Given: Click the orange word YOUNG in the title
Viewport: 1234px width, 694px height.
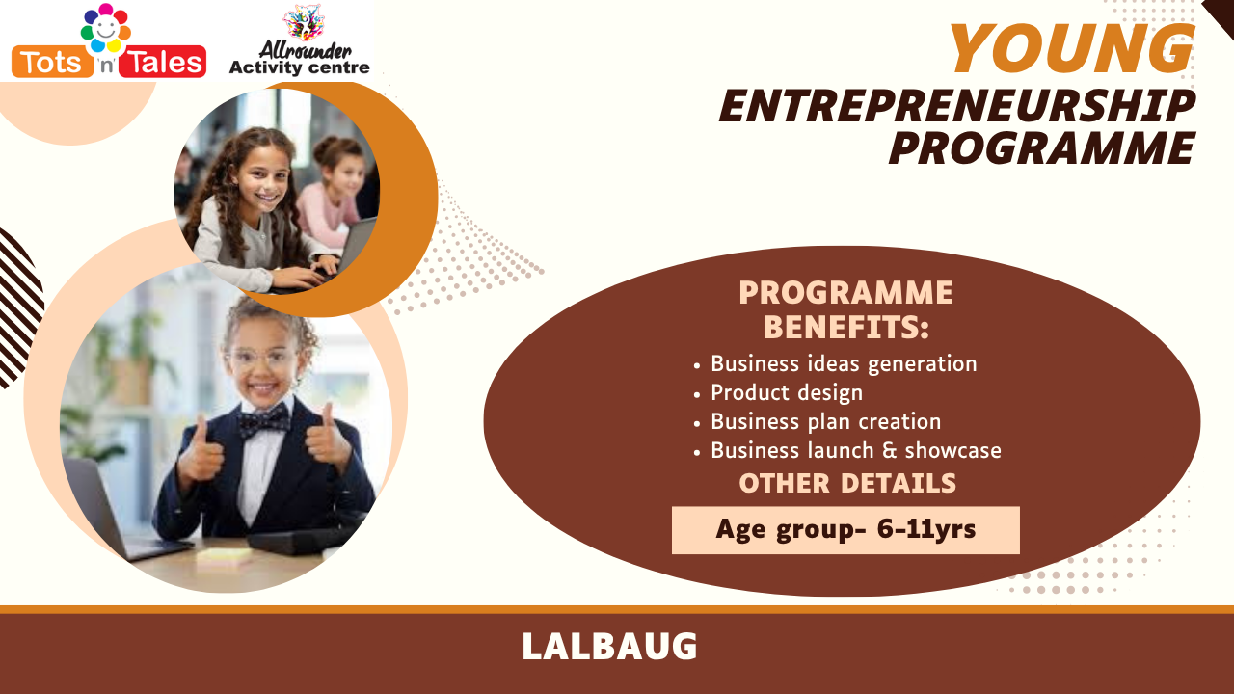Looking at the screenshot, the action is click(1072, 48).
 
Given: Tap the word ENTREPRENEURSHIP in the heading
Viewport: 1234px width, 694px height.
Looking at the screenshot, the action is click(957, 106).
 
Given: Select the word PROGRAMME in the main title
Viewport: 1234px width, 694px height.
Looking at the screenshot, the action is click(1042, 148).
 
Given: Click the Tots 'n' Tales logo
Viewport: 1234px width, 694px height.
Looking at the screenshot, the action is click(109, 41).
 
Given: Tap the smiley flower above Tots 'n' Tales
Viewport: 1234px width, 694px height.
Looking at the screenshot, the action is click(106, 28).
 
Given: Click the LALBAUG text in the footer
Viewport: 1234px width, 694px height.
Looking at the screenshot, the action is click(609, 646).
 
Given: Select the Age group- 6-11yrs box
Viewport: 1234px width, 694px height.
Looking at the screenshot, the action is click(845, 530).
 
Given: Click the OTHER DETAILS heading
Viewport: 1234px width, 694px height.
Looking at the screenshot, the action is click(847, 484).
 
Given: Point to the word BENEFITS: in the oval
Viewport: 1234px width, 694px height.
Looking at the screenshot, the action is click(846, 327).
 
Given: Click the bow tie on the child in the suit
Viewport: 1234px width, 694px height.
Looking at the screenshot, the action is click(263, 421).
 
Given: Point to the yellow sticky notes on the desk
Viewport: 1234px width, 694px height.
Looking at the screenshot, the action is click(223, 557).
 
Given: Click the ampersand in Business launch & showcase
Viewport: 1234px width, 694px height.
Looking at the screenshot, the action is click(889, 450).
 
